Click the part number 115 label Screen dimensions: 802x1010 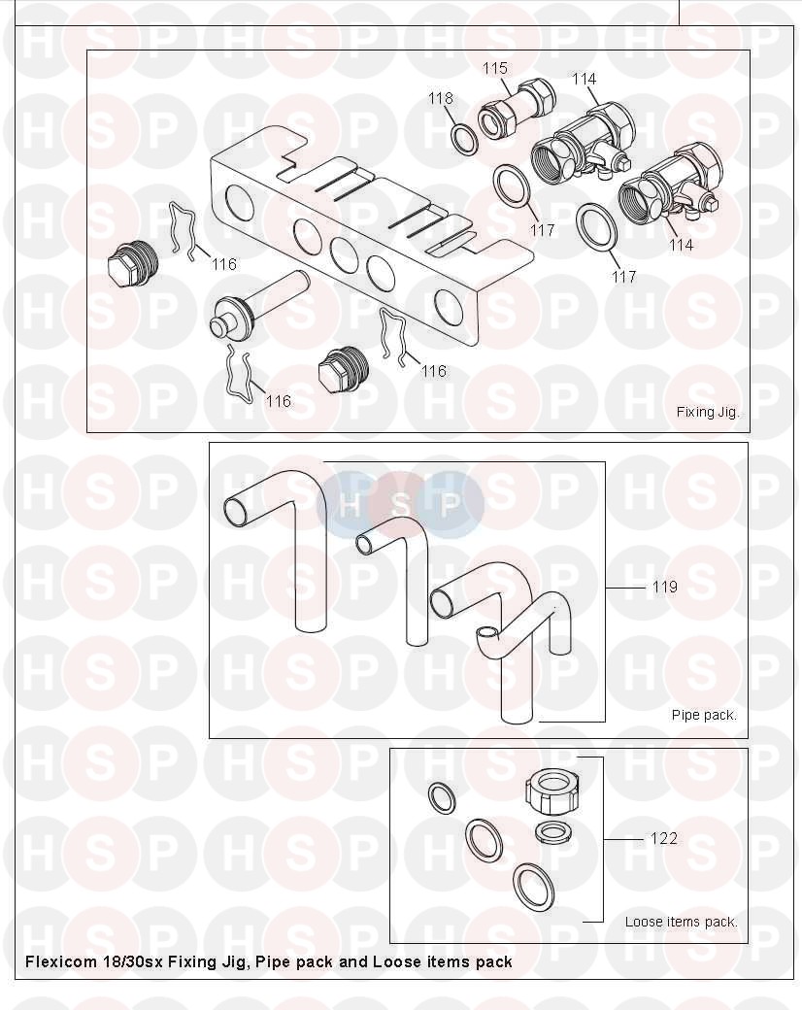tap(495, 68)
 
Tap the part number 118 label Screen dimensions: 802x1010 tap(441, 98)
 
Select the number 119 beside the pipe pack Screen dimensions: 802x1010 tap(664, 587)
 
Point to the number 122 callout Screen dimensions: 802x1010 tap(663, 839)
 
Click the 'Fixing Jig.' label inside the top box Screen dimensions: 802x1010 tap(707, 412)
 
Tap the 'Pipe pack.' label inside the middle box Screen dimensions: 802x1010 tap(703, 715)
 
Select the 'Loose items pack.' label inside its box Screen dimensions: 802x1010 tap(681, 922)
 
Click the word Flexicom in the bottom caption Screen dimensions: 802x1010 tap(60, 961)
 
